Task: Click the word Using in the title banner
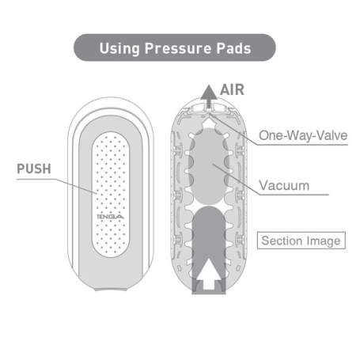119,48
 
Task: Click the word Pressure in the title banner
178,48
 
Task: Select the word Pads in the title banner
233,48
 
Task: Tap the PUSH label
34,169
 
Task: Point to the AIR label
232,90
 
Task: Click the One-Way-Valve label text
303,135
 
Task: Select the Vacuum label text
284,185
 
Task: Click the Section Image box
301,241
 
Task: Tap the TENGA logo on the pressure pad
111,217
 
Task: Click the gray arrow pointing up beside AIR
209,97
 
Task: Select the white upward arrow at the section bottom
209,274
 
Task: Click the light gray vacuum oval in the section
209,166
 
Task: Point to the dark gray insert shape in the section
209,250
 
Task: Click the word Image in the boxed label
324,241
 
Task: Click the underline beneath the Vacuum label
294,195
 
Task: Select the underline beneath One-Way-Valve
302,145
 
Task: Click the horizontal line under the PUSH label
36,180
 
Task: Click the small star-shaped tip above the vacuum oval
209,123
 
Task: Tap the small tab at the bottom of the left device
111,290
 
